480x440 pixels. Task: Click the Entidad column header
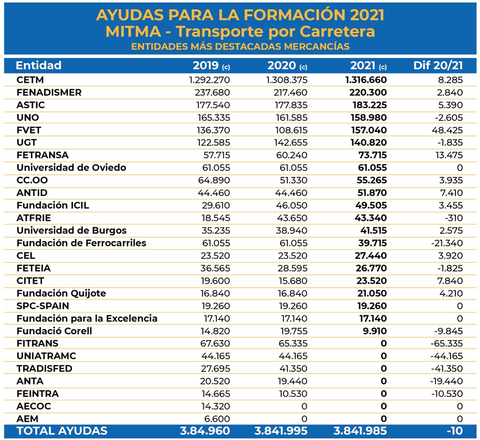tap(39, 65)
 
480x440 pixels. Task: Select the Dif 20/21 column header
tap(438, 65)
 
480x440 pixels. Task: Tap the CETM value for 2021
tap(366, 80)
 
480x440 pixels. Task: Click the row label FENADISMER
tap(49, 93)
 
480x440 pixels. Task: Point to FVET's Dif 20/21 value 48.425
tap(447, 130)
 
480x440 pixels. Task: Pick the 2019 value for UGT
tap(213, 143)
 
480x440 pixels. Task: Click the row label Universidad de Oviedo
tap(72, 168)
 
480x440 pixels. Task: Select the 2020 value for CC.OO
tap(293, 180)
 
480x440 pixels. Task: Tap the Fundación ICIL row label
tap(53, 205)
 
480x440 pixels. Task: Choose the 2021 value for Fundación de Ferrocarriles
tap(373, 243)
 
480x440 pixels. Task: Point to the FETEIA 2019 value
tap(215, 268)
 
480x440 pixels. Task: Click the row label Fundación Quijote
tap(61, 293)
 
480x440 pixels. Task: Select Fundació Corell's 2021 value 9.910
tap(375, 331)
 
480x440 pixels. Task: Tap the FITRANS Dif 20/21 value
tap(447, 343)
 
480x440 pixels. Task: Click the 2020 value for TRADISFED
tap(293, 368)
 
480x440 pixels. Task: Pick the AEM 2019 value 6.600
tap(216, 419)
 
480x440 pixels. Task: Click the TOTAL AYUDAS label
tap(62, 431)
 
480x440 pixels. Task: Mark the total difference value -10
tap(455, 431)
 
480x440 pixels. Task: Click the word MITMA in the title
tap(133, 31)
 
